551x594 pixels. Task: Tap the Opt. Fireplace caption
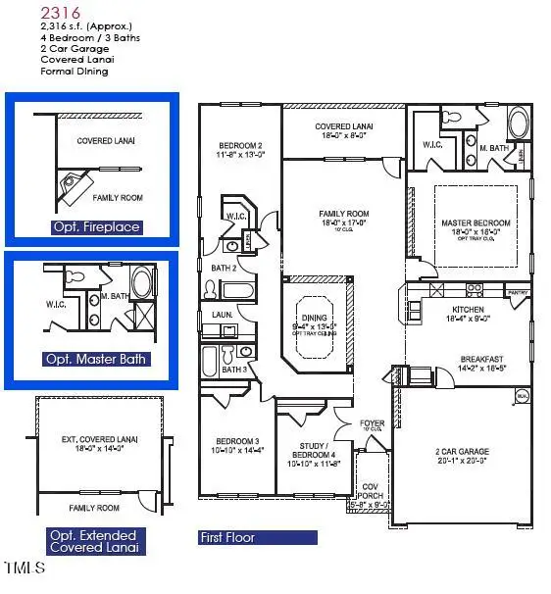pos(96,227)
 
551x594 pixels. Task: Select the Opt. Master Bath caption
pos(96,359)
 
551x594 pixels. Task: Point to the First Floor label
pos(227,537)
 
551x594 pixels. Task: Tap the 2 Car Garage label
pos(462,452)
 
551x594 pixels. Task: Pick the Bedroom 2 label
pos(239,144)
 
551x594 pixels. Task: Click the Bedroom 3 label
pos(236,442)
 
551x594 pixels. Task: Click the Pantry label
pos(518,292)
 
